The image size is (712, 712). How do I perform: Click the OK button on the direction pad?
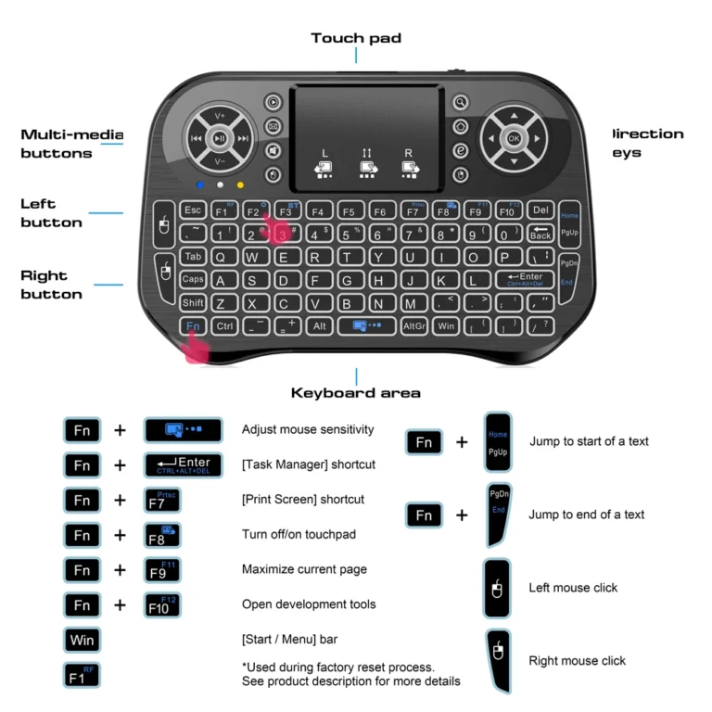(513, 139)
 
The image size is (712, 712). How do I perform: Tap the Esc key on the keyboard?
(193, 210)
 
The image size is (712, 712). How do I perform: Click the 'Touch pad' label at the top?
(356, 38)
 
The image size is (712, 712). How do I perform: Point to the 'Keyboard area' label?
(356, 392)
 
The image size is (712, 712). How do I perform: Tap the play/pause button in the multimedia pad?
(220, 139)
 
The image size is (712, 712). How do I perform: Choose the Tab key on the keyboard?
(193, 257)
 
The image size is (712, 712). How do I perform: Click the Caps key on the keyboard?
(193, 279)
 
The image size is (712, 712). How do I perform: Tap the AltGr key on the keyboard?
(413, 326)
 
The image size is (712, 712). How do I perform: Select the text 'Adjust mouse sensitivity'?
(308, 429)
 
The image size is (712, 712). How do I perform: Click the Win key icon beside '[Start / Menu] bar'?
(81, 640)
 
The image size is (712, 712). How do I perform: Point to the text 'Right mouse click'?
(577, 661)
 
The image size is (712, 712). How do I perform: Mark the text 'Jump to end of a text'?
(587, 515)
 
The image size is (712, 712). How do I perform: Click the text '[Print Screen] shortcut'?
(303, 500)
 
